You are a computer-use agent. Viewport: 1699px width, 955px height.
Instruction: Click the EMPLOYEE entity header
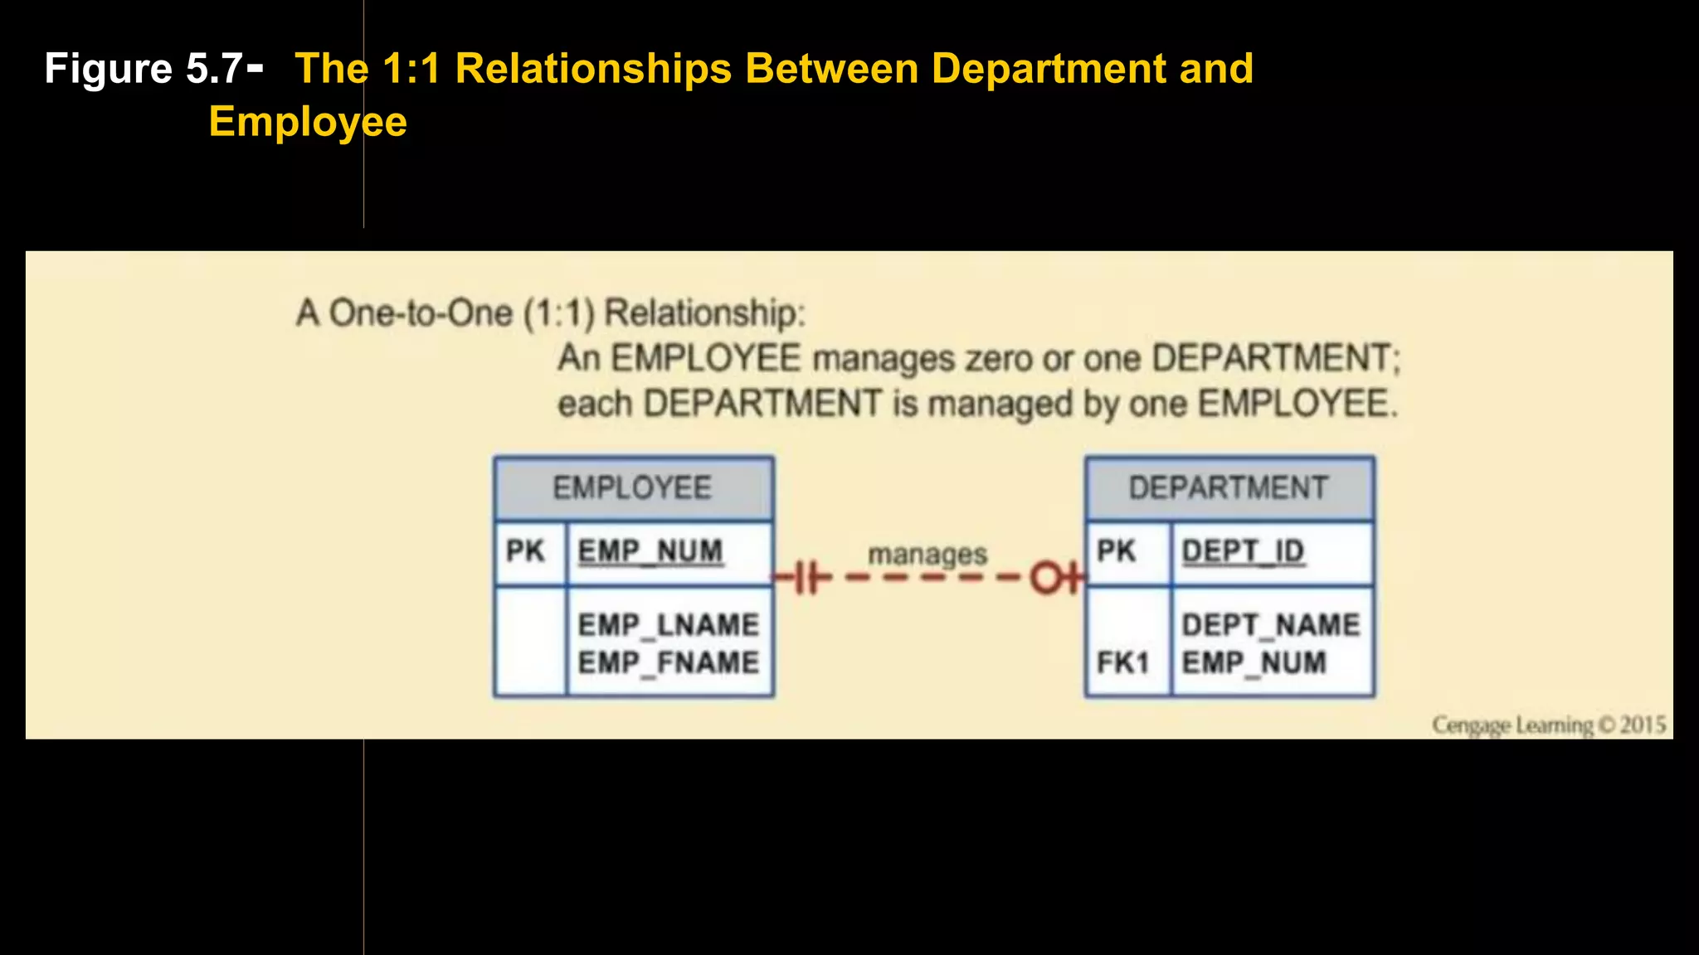point(632,488)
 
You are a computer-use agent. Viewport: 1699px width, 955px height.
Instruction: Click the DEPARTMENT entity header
point(1229,488)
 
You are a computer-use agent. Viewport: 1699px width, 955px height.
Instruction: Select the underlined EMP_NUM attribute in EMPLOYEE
point(650,551)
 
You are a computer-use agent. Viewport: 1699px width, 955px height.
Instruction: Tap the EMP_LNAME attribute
point(669,624)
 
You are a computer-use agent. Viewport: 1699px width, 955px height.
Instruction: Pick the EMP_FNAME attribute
point(669,662)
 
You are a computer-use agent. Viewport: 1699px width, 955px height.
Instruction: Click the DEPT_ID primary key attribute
point(1243,551)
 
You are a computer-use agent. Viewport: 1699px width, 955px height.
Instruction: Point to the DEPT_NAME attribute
point(1271,624)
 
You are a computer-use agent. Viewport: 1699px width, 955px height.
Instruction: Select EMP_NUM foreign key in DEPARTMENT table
point(1254,662)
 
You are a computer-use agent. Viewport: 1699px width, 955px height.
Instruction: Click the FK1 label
point(1122,662)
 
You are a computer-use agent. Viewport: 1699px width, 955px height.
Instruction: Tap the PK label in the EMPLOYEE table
point(525,551)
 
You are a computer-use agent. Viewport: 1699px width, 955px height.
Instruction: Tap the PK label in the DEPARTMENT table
point(1116,551)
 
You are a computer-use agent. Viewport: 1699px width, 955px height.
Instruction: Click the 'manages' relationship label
point(927,554)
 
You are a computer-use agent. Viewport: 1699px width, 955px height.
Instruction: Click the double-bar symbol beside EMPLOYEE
point(809,578)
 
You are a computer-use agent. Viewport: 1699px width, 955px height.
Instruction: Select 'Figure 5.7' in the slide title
point(144,69)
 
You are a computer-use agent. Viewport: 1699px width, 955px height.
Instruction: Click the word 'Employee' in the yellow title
point(308,122)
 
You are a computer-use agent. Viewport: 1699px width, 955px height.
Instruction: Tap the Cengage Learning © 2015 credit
point(1548,725)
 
